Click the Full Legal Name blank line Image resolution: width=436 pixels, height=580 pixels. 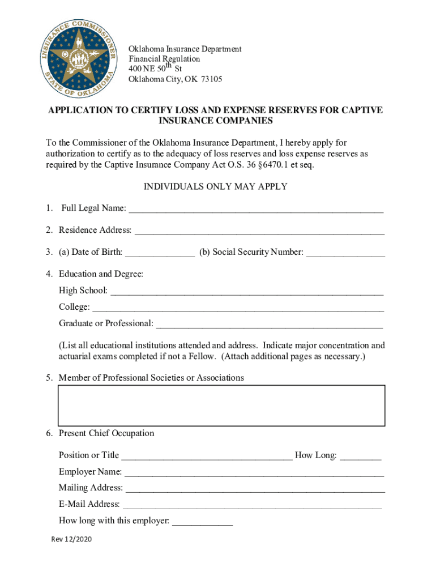coord(256,209)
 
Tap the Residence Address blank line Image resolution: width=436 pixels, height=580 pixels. coord(259,231)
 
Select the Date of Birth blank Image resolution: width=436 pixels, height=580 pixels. coord(160,253)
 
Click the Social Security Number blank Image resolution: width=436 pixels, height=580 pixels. coord(345,253)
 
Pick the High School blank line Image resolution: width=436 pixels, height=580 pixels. coord(247,291)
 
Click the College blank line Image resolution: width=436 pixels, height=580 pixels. coord(238,308)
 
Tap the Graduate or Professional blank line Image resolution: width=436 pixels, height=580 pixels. coord(270,324)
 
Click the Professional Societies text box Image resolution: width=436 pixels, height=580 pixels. coord(221,405)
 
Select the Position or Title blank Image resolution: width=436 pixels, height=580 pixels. coord(207,456)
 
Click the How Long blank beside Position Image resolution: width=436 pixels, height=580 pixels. coord(361,456)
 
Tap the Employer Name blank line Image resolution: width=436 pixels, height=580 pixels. coord(254,472)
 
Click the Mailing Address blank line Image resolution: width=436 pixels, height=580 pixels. coord(255,488)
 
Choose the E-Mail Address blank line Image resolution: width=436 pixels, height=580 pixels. coord(252,505)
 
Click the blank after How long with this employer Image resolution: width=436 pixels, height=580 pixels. coord(202,521)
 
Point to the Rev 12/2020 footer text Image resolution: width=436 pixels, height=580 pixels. coord(71,539)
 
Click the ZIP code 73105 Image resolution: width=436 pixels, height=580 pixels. coord(211,79)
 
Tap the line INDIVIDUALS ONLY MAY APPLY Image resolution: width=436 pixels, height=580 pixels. coord(215,187)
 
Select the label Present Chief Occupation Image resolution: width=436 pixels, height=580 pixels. coord(106,433)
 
